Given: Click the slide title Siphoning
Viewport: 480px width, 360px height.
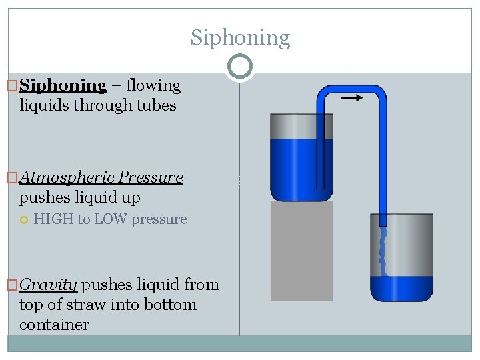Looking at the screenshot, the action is click(x=240, y=37).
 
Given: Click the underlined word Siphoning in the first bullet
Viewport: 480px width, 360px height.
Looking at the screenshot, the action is click(x=63, y=85).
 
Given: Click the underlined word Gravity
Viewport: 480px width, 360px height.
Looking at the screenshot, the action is click(x=48, y=285).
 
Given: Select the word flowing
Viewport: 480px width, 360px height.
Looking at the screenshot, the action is click(x=153, y=85).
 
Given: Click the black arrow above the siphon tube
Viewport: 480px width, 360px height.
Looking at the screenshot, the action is click(x=351, y=97).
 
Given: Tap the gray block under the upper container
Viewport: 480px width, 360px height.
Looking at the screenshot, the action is click(x=301, y=250).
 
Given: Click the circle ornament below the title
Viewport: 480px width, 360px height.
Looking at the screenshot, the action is click(x=240, y=67).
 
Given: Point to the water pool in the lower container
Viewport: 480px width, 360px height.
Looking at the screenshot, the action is click(x=402, y=288).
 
